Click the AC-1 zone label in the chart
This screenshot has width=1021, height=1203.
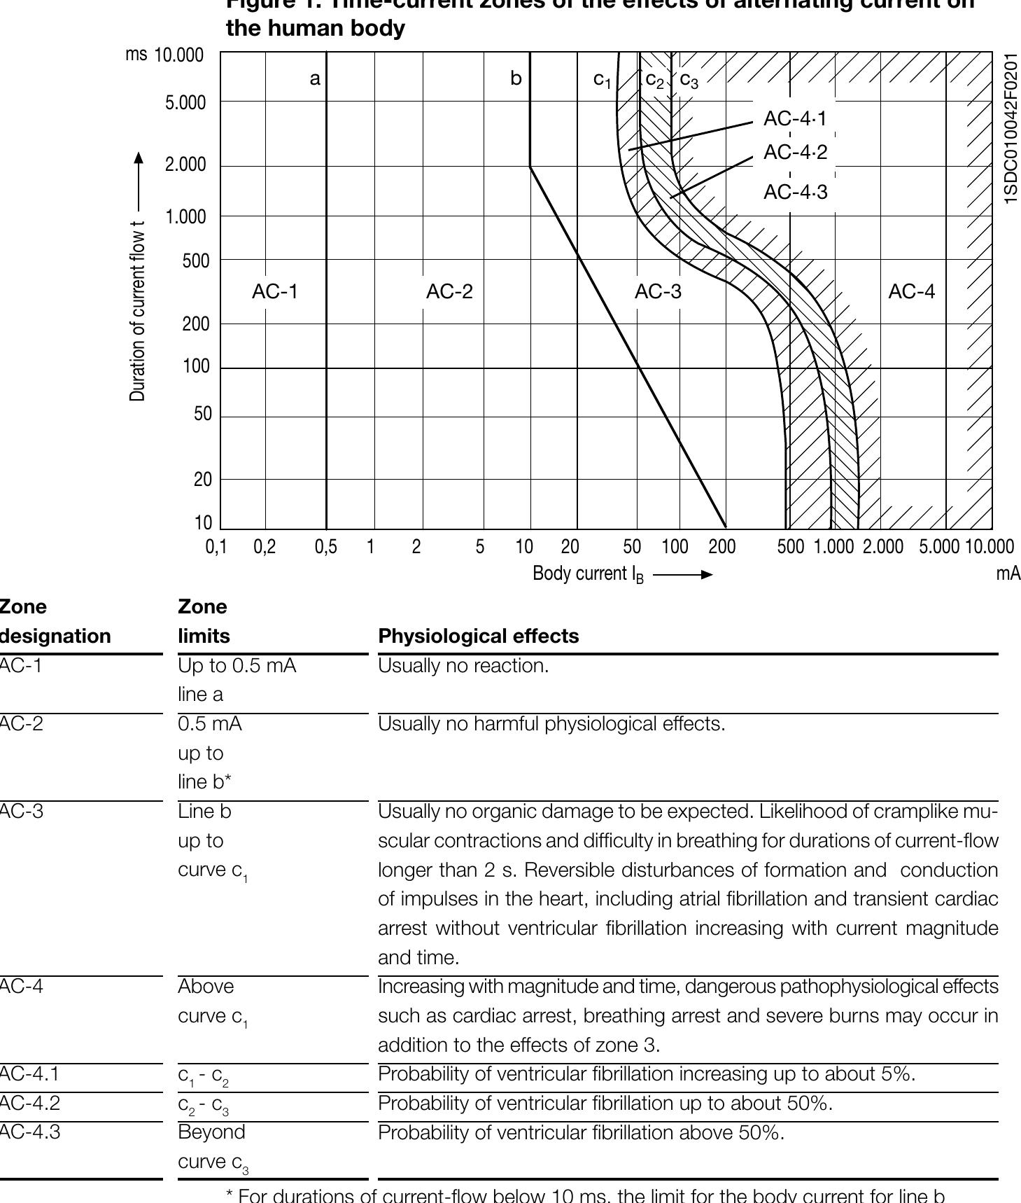(275, 291)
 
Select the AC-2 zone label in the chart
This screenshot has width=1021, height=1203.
(449, 291)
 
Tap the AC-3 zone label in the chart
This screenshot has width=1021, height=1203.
(658, 291)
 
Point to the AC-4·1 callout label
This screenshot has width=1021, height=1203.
(795, 119)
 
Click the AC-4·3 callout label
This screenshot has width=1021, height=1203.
(795, 192)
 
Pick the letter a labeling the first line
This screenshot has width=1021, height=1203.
(315, 78)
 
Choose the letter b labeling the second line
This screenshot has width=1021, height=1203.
(516, 78)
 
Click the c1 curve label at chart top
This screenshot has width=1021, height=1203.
(602, 80)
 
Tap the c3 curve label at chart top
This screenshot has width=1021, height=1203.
(689, 81)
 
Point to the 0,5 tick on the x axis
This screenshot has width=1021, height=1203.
(325, 547)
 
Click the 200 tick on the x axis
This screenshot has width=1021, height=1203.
(721, 547)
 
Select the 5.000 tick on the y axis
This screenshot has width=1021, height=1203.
(185, 103)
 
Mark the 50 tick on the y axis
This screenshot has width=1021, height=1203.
(202, 414)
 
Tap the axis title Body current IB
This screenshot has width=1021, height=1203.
(588, 574)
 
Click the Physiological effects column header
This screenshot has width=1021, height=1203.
(479, 636)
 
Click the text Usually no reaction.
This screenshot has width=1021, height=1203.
(463, 665)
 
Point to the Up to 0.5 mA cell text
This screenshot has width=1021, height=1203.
(237, 665)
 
